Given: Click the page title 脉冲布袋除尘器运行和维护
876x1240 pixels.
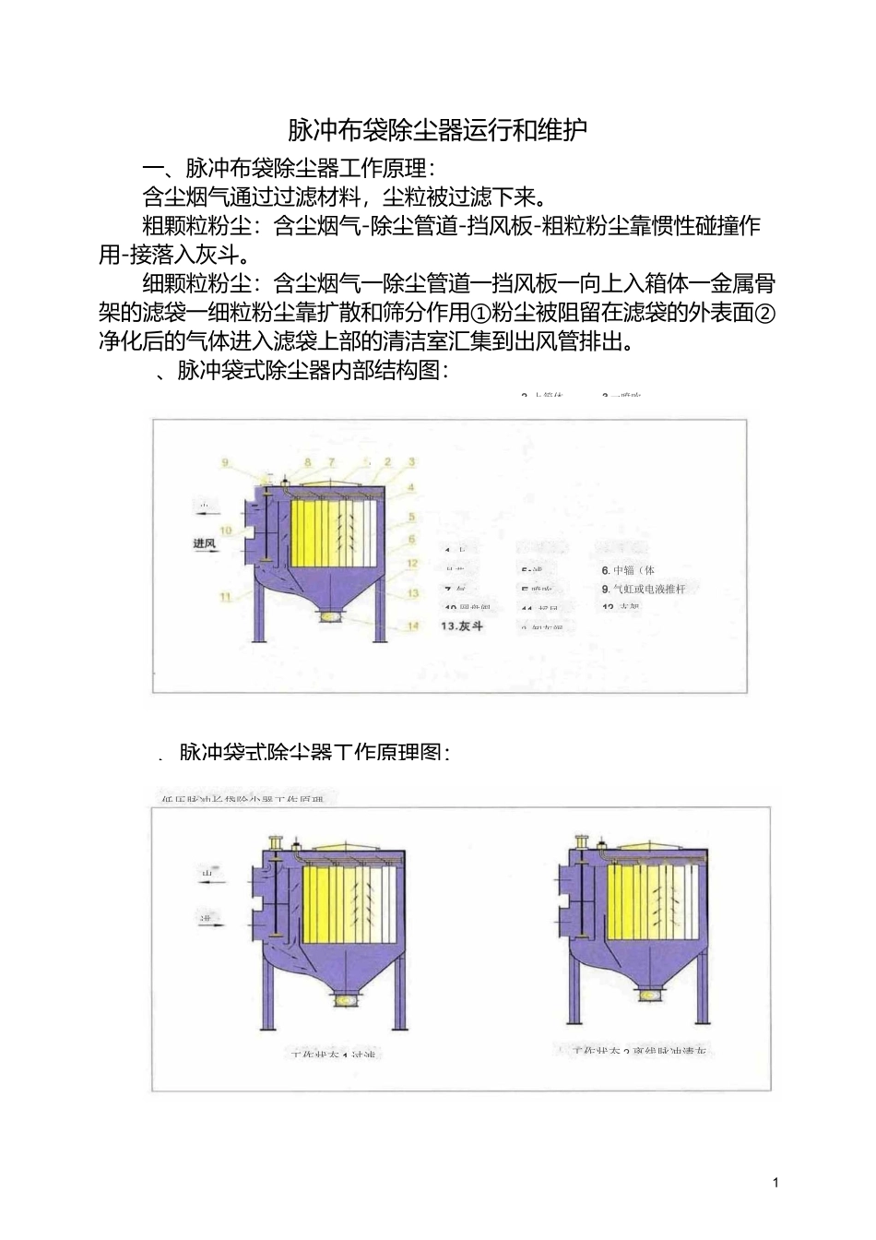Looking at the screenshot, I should (437, 130).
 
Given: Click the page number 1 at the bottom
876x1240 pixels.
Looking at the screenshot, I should (775, 1182).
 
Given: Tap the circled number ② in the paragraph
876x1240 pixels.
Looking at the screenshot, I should (764, 313).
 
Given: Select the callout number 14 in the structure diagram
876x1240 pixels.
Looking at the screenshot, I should (412, 626).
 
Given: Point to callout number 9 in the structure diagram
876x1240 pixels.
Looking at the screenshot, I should (224, 461).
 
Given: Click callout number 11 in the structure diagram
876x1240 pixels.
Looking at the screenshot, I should (224, 597).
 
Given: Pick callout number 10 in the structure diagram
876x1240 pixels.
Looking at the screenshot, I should (225, 531).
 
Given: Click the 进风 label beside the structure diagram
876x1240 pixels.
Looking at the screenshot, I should (204, 543).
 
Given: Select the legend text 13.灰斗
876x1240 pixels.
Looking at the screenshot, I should (462, 626).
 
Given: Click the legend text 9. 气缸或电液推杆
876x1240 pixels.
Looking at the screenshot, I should (644, 589).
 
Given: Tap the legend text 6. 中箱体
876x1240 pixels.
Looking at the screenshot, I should (628, 570).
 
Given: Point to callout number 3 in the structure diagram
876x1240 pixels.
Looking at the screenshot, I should (411, 461).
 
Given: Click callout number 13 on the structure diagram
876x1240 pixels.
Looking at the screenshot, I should (412, 593).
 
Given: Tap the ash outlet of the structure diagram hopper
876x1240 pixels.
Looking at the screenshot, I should (327, 616).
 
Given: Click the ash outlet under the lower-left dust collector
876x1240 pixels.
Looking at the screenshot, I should (345, 999).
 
